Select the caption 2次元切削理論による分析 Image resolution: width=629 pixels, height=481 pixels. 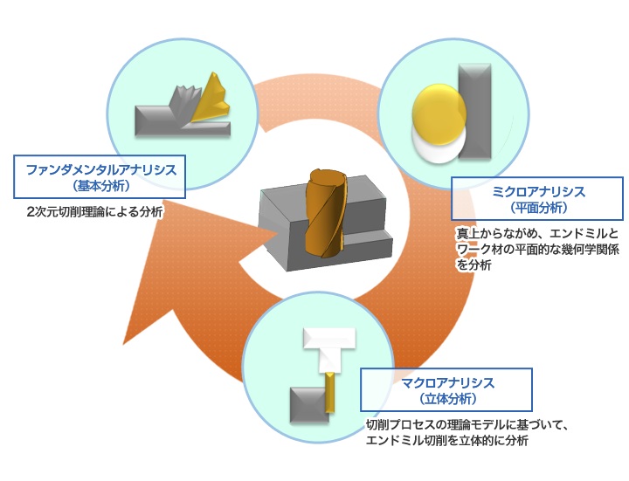[x=94, y=211]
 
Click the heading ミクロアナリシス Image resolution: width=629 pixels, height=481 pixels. [x=537, y=191]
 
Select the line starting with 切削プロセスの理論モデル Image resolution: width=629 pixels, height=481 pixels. [x=467, y=425]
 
